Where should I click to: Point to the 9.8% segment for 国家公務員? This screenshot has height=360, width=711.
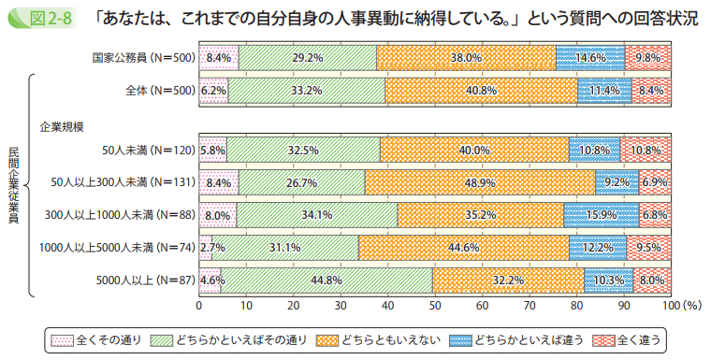pyautogui.click(x=647, y=57)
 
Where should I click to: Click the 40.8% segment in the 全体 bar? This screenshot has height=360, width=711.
pyautogui.click(x=480, y=90)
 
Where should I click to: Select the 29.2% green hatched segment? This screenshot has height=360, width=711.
pyautogui.click(x=308, y=57)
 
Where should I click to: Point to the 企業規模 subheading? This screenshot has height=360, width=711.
pyautogui.click(x=61, y=124)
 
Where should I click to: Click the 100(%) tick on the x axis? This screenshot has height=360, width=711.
pyautogui.click(x=678, y=305)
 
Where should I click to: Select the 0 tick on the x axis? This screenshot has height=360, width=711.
pyautogui.click(x=199, y=305)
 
